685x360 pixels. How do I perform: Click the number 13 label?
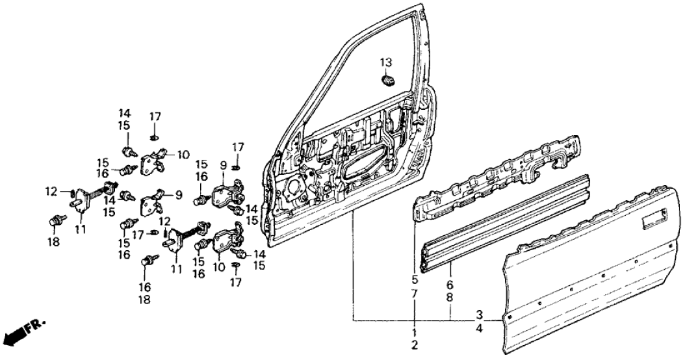(386, 62)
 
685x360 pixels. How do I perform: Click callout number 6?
(450, 285)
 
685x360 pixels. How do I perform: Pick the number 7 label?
(414, 295)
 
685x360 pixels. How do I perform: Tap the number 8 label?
(450, 297)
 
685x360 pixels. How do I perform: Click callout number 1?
(414, 332)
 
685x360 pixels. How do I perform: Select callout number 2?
(414, 344)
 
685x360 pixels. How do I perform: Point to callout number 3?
(479, 316)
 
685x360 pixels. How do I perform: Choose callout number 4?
(479, 329)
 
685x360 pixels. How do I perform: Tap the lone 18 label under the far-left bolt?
(53, 242)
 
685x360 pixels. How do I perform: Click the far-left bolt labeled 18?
(56, 222)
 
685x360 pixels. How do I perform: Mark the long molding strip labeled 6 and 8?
(507, 222)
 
